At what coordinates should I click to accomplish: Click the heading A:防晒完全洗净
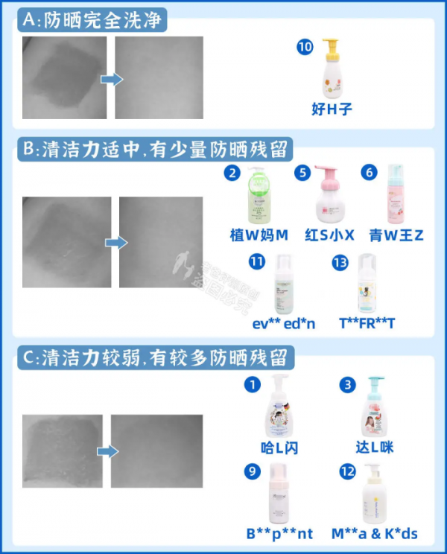[92, 20]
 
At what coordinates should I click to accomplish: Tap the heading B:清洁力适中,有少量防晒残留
[154, 148]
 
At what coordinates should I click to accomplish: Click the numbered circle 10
[305, 47]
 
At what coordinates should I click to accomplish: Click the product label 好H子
[331, 109]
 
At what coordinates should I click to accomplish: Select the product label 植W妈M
[259, 235]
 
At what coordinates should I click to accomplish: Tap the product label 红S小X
[324, 235]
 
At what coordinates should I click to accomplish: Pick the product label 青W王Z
[396, 235]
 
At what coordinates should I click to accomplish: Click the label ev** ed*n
[283, 325]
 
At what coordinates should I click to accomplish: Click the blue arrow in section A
[111, 78]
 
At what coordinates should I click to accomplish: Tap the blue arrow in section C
[108, 450]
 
